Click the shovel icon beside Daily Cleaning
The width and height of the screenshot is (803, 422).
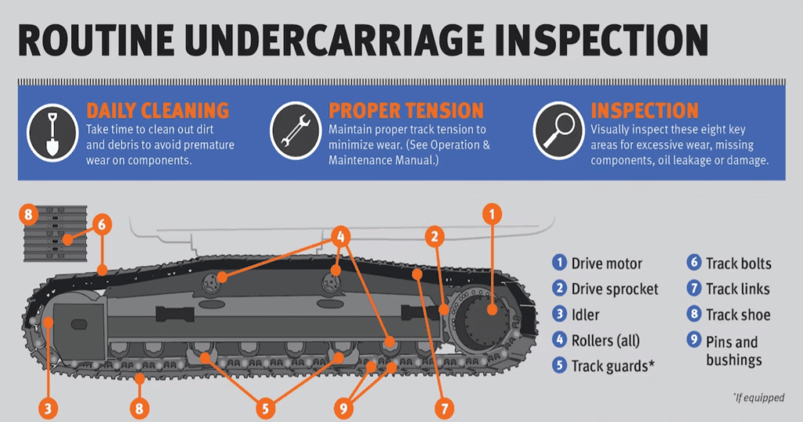52,131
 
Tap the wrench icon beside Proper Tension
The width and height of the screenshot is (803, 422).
295,131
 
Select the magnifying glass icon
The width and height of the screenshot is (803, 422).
558,131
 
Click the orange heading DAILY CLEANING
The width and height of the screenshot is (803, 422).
157,110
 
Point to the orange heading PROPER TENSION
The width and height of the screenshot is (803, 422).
406,110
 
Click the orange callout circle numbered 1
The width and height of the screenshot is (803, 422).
492,213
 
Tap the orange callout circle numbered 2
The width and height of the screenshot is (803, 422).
436,235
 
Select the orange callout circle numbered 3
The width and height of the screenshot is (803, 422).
48,408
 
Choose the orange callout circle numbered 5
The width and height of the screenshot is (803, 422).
266,408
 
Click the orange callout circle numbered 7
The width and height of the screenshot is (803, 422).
445,408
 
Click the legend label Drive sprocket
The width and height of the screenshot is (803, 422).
615,289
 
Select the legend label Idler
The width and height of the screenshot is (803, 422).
585,315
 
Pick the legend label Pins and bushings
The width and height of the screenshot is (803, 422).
733,351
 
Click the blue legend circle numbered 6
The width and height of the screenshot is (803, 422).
694,264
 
